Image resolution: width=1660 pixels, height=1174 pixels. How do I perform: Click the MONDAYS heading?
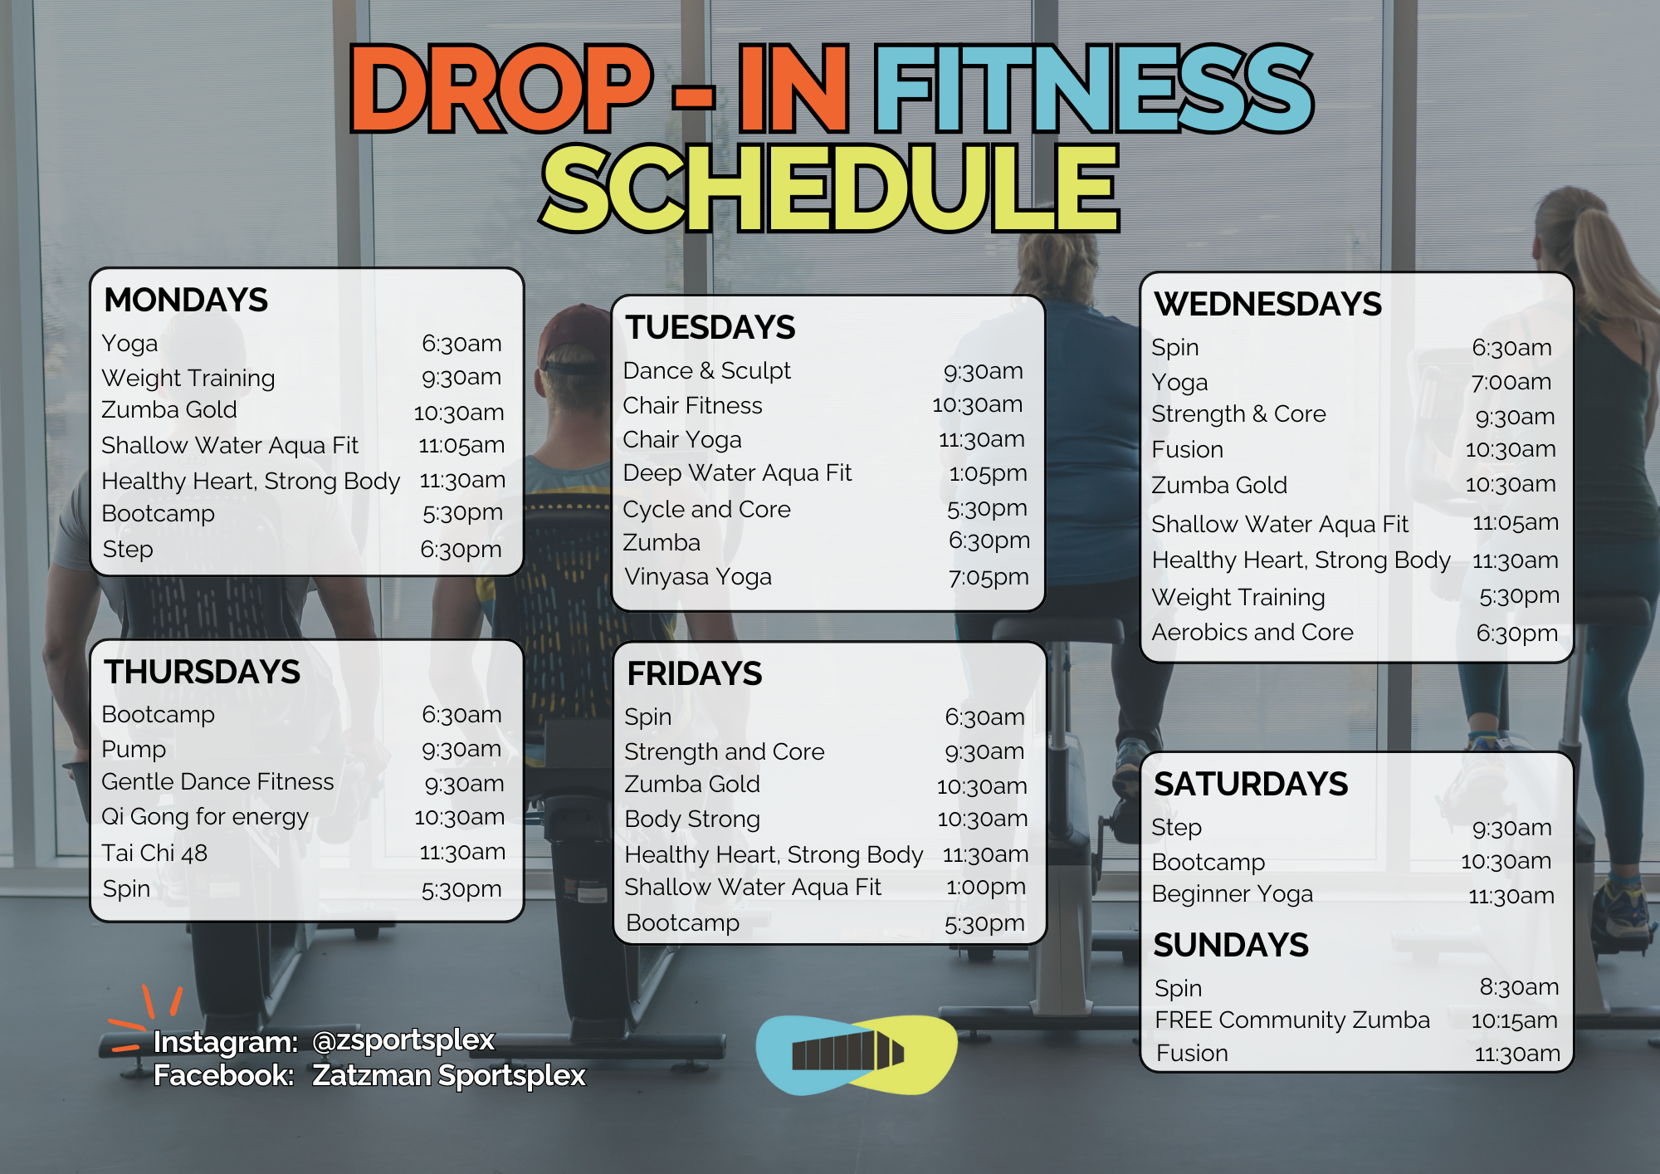point(186,301)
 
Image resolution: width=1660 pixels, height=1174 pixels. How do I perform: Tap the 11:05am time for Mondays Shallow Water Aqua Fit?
point(461,445)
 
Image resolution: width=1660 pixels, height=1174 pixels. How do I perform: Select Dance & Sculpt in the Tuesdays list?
point(706,370)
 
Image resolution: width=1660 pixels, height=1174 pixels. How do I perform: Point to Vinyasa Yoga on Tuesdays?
point(698,577)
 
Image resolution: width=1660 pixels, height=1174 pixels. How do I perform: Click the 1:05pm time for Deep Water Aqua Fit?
point(988,473)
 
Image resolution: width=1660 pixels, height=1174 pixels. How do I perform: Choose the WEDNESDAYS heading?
point(1267,305)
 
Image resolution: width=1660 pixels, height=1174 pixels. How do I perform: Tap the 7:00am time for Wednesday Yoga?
point(1511,382)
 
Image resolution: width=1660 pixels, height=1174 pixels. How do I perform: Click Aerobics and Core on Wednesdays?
point(1252,633)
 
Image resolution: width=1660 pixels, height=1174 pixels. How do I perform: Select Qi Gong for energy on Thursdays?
point(205,817)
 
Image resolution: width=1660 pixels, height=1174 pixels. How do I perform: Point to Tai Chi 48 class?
point(154,853)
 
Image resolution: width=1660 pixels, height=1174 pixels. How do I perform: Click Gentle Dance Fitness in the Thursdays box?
point(217,782)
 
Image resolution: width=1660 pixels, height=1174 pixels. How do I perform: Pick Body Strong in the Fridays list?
point(692,819)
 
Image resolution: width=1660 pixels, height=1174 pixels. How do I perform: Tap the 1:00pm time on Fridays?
point(986,887)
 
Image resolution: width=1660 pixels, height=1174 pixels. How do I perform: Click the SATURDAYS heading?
point(1251,785)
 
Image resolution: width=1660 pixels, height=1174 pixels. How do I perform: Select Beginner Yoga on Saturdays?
point(1233,894)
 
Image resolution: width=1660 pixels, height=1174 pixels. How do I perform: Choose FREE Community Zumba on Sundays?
point(1292,1020)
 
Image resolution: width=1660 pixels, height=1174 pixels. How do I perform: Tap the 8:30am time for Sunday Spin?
point(1519,987)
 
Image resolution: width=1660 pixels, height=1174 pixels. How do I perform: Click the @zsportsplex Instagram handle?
point(403,1040)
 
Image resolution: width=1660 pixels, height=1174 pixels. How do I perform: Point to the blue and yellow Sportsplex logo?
point(857,1055)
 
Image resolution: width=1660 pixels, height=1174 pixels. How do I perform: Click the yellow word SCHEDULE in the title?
point(830,188)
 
